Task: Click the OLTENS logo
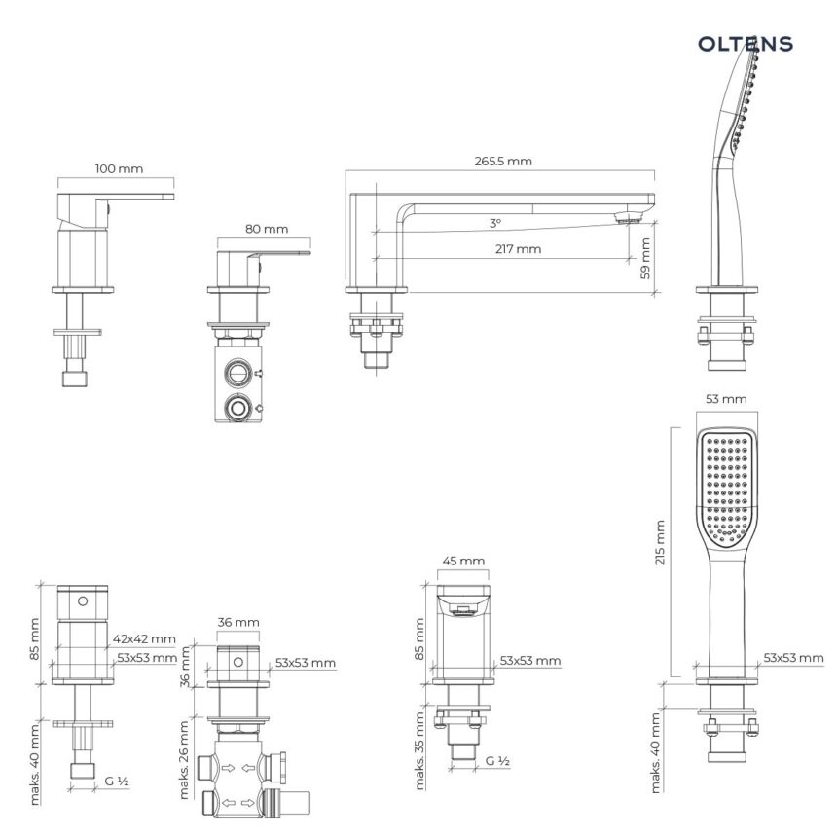(x=746, y=44)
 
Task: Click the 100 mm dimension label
(x=119, y=169)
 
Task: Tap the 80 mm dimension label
(x=267, y=229)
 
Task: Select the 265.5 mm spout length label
(x=503, y=162)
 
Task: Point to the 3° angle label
(x=495, y=223)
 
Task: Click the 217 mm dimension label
(x=518, y=249)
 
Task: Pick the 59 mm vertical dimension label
(x=645, y=259)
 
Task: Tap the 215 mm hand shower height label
(x=660, y=542)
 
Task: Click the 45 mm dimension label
(x=463, y=561)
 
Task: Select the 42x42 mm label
(x=144, y=639)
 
